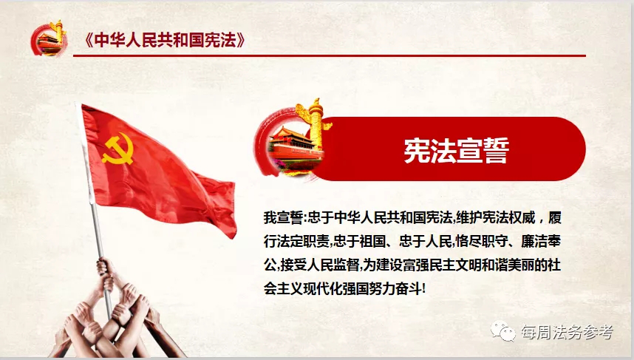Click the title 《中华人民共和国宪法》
pyautogui.click(x=165, y=41)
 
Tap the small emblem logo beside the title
pyautogui.click(x=49, y=38)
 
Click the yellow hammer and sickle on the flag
pyautogui.click(x=118, y=149)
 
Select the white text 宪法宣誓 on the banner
pyautogui.click(x=456, y=151)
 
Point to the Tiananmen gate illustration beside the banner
pyautogui.click(x=295, y=149)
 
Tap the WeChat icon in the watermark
pyautogui.click(x=503, y=332)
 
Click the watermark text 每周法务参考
pyautogui.click(x=567, y=332)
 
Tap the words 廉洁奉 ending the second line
pyautogui.click(x=541, y=242)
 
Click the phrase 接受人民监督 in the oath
pyautogui.click(x=320, y=265)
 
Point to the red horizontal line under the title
pyautogui.click(x=330, y=55)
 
